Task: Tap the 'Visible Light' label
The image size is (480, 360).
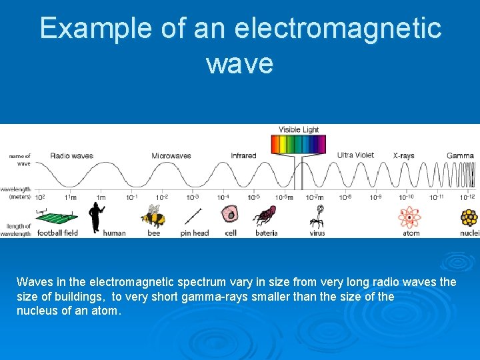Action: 299,130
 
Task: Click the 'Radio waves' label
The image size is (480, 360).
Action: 71,156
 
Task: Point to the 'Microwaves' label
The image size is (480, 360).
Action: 171,156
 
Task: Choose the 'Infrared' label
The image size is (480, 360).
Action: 243,156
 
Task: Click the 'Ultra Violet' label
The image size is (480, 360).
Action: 355,155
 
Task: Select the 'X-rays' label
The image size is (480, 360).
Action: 403,156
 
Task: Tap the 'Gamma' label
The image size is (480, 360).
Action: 460,156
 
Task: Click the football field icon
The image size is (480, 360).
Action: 56,218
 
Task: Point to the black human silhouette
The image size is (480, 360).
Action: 97,217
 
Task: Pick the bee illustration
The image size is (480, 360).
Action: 153,217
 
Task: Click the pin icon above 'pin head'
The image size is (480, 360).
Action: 193,217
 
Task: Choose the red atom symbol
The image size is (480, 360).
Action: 409,217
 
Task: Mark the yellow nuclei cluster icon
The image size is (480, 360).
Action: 469,217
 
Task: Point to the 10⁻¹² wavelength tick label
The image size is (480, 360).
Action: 467,197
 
